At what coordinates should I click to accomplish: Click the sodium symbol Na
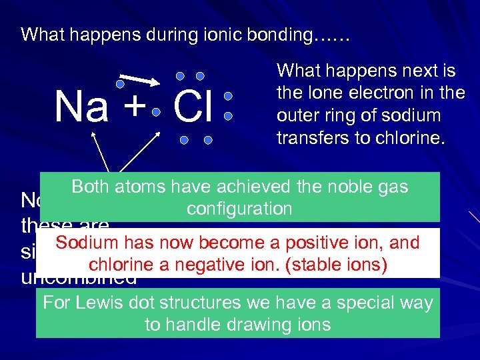click(x=81, y=107)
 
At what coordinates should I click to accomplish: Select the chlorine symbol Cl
click(x=193, y=107)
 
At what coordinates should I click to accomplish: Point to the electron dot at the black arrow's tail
click(x=120, y=85)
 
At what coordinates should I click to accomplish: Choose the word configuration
click(x=239, y=209)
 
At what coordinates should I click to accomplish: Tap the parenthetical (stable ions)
click(x=336, y=265)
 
